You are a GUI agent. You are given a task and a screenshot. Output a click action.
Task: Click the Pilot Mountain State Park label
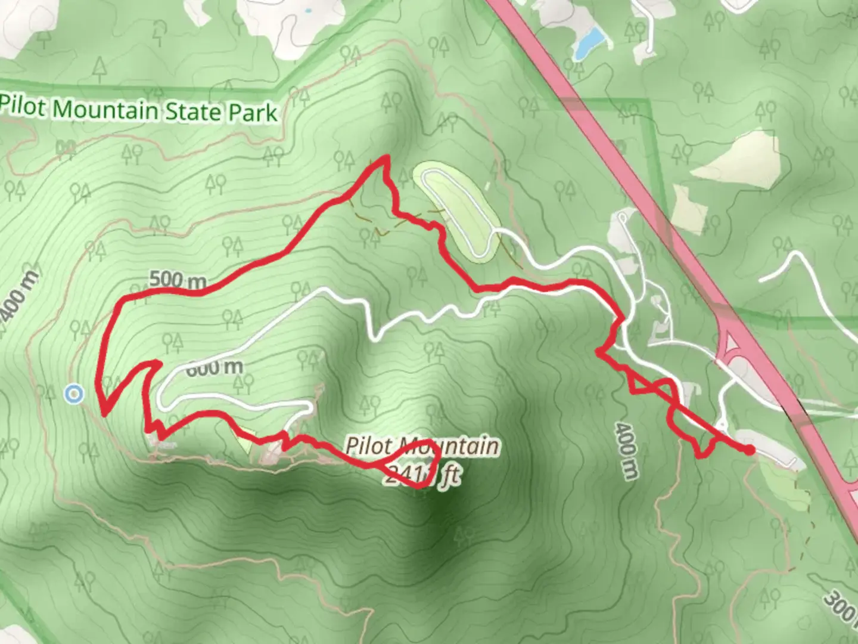tap(139, 110)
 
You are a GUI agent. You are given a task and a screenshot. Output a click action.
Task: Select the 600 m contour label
tap(214, 367)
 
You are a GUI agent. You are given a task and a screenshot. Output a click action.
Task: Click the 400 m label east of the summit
tap(626, 451)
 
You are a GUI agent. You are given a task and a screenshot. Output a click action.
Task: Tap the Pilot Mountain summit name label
tap(422, 445)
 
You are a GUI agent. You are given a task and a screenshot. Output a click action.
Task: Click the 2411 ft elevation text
tap(422, 475)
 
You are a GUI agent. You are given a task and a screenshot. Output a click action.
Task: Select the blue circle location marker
tap(73, 394)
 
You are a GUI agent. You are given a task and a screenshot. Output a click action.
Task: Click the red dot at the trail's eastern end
tap(749, 450)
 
